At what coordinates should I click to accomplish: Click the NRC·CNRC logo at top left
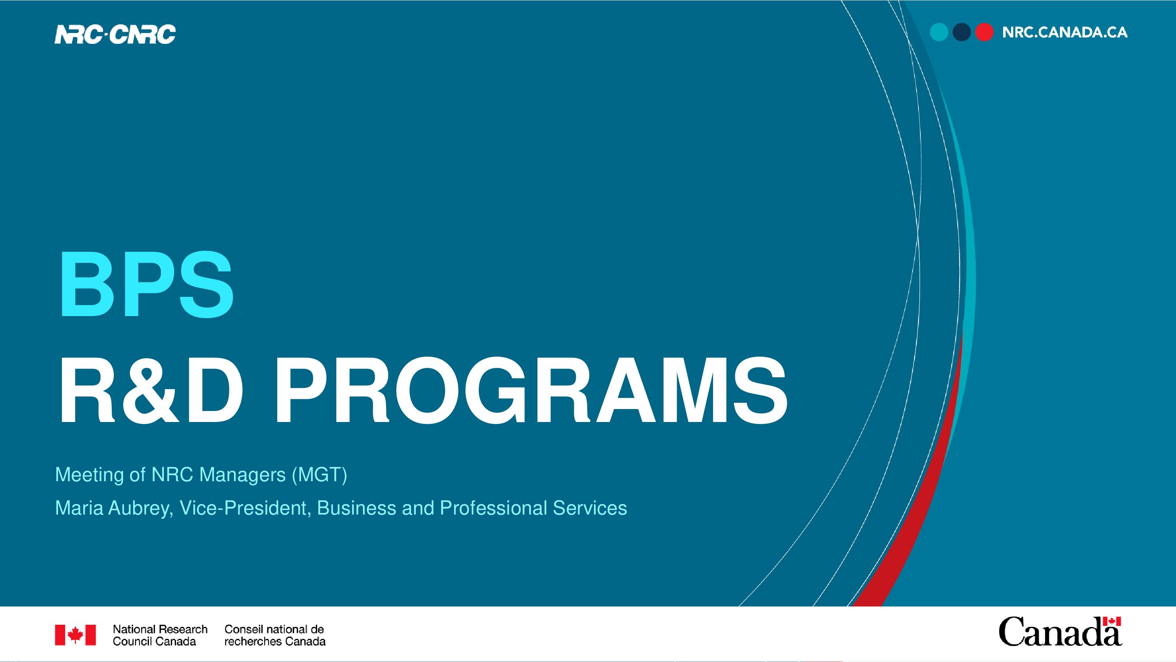[x=115, y=34]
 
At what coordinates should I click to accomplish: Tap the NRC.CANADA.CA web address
[x=1065, y=33]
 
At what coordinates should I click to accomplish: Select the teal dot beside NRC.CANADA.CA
[x=939, y=33]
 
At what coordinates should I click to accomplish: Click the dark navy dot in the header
[x=962, y=33]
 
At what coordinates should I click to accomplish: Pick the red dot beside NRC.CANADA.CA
[x=984, y=33]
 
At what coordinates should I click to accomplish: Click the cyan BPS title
[x=146, y=284]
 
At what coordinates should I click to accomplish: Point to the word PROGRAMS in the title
[x=530, y=391]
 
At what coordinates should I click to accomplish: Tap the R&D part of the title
[x=151, y=391]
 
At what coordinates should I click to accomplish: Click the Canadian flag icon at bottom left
[x=75, y=635]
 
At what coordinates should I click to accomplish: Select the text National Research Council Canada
[x=160, y=635]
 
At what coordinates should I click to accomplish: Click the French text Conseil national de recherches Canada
[x=275, y=635]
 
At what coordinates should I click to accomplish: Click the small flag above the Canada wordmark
[x=1112, y=621]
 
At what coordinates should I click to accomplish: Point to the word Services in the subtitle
[x=590, y=508]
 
